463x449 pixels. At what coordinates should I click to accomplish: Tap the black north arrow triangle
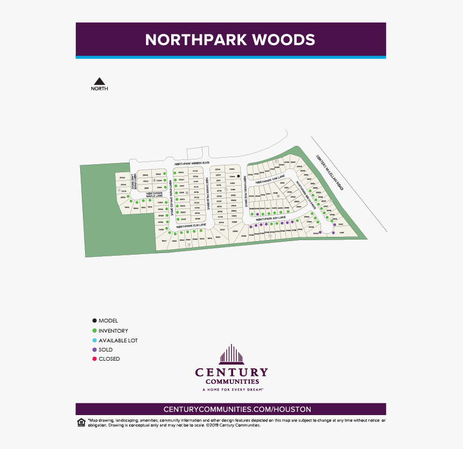click(99, 81)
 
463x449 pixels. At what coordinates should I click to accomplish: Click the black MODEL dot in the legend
click(95, 321)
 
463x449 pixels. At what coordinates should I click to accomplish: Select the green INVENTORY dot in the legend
click(95, 331)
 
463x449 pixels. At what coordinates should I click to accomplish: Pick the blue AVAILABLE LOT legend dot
click(95, 340)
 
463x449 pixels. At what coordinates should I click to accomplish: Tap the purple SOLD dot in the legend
click(95, 350)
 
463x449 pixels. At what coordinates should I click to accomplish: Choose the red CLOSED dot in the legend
click(95, 359)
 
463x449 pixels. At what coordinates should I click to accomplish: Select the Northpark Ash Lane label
click(271, 219)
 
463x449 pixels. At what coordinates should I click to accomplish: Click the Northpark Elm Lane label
click(192, 226)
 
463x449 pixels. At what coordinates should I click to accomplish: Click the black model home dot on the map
click(238, 176)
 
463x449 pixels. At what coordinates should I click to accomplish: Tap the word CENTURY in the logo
click(231, 373)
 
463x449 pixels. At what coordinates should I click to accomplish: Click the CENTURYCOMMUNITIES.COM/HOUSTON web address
click(230, 410)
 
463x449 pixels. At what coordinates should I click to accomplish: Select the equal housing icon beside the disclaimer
click(81, 422)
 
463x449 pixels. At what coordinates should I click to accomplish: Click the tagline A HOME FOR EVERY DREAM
click(231, 389)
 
